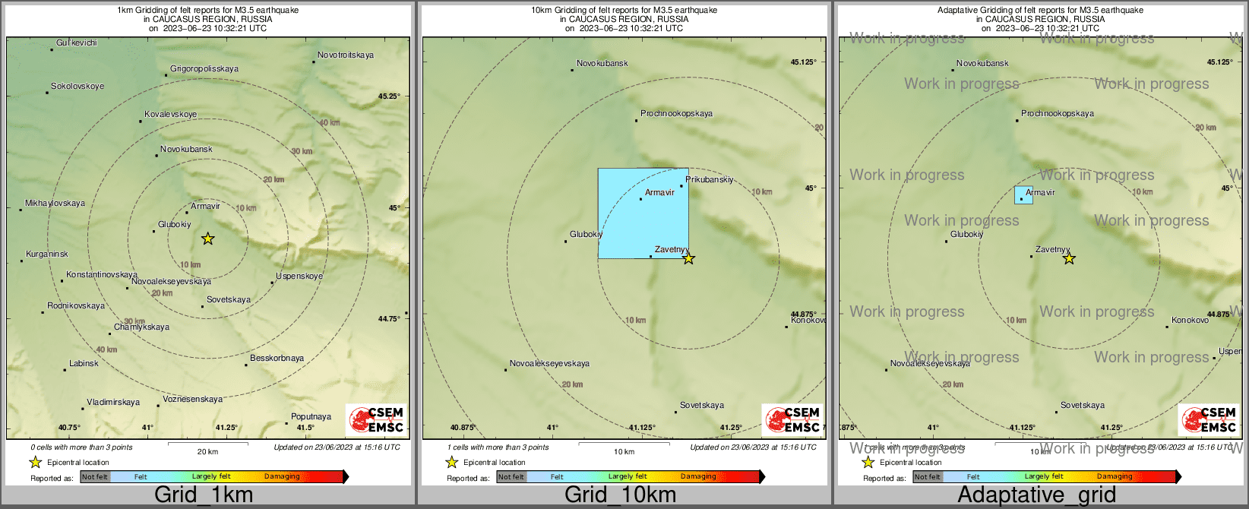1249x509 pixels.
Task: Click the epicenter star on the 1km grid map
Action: [207, 239]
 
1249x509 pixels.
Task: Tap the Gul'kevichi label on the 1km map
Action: [77, 43]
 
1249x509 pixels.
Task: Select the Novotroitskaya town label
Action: [346, 55]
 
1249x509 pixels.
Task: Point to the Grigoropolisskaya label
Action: [204, 69]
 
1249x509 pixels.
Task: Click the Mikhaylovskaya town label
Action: [55, 204]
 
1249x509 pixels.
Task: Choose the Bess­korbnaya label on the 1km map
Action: [277, 359]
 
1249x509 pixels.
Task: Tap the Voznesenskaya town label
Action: [193, 400]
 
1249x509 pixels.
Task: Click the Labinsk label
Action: [84, 364]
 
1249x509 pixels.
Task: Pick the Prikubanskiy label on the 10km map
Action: [710, 180]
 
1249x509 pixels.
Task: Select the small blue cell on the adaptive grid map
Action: [1023, 195]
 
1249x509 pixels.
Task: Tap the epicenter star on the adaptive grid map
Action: [1069, 258]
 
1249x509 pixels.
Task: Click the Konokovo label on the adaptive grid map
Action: [1190, 321]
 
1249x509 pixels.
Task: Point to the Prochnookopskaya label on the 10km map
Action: [676, 114]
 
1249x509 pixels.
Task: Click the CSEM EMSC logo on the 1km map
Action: [376, 419]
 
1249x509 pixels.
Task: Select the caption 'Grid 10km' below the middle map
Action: [620, 495]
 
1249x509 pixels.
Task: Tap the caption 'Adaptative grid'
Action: [1036, 495]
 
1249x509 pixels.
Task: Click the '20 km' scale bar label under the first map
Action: [207, 452]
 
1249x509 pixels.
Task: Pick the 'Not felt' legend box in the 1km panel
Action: [95, 477]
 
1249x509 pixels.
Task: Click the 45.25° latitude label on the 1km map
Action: [389, 96]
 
